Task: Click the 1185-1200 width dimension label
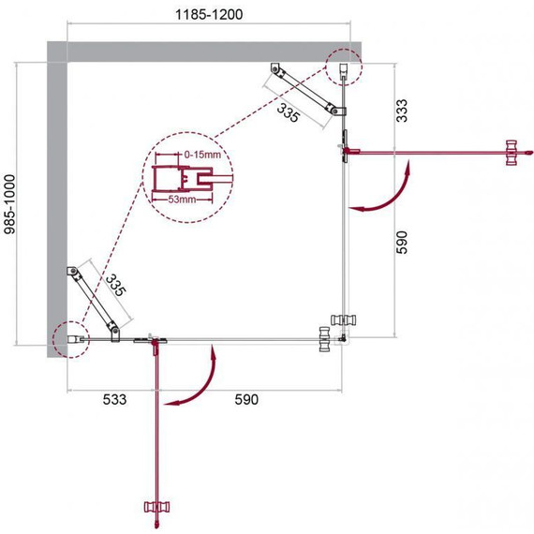(209, 15)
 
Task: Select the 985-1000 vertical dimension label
(10, 204)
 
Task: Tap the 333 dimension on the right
(402, 111)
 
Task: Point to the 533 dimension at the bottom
(114, 399)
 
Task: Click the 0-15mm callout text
(202, 155)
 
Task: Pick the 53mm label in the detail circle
(182, 200)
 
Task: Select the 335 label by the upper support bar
(289, 112)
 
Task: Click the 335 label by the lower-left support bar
(116, 286)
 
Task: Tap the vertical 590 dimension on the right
(402, 243)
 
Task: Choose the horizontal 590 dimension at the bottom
(246, 399)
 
